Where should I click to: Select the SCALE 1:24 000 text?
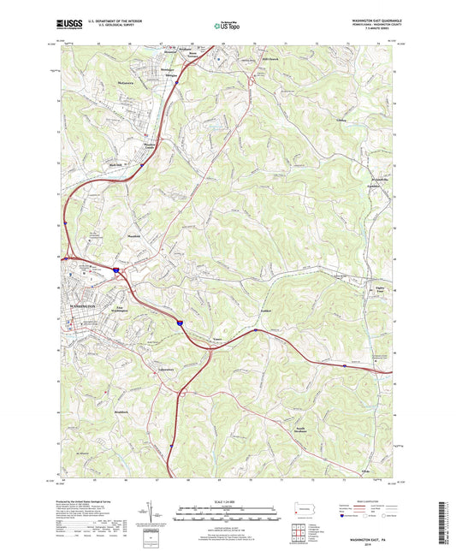pyautogui.click(x=228, y=501)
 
